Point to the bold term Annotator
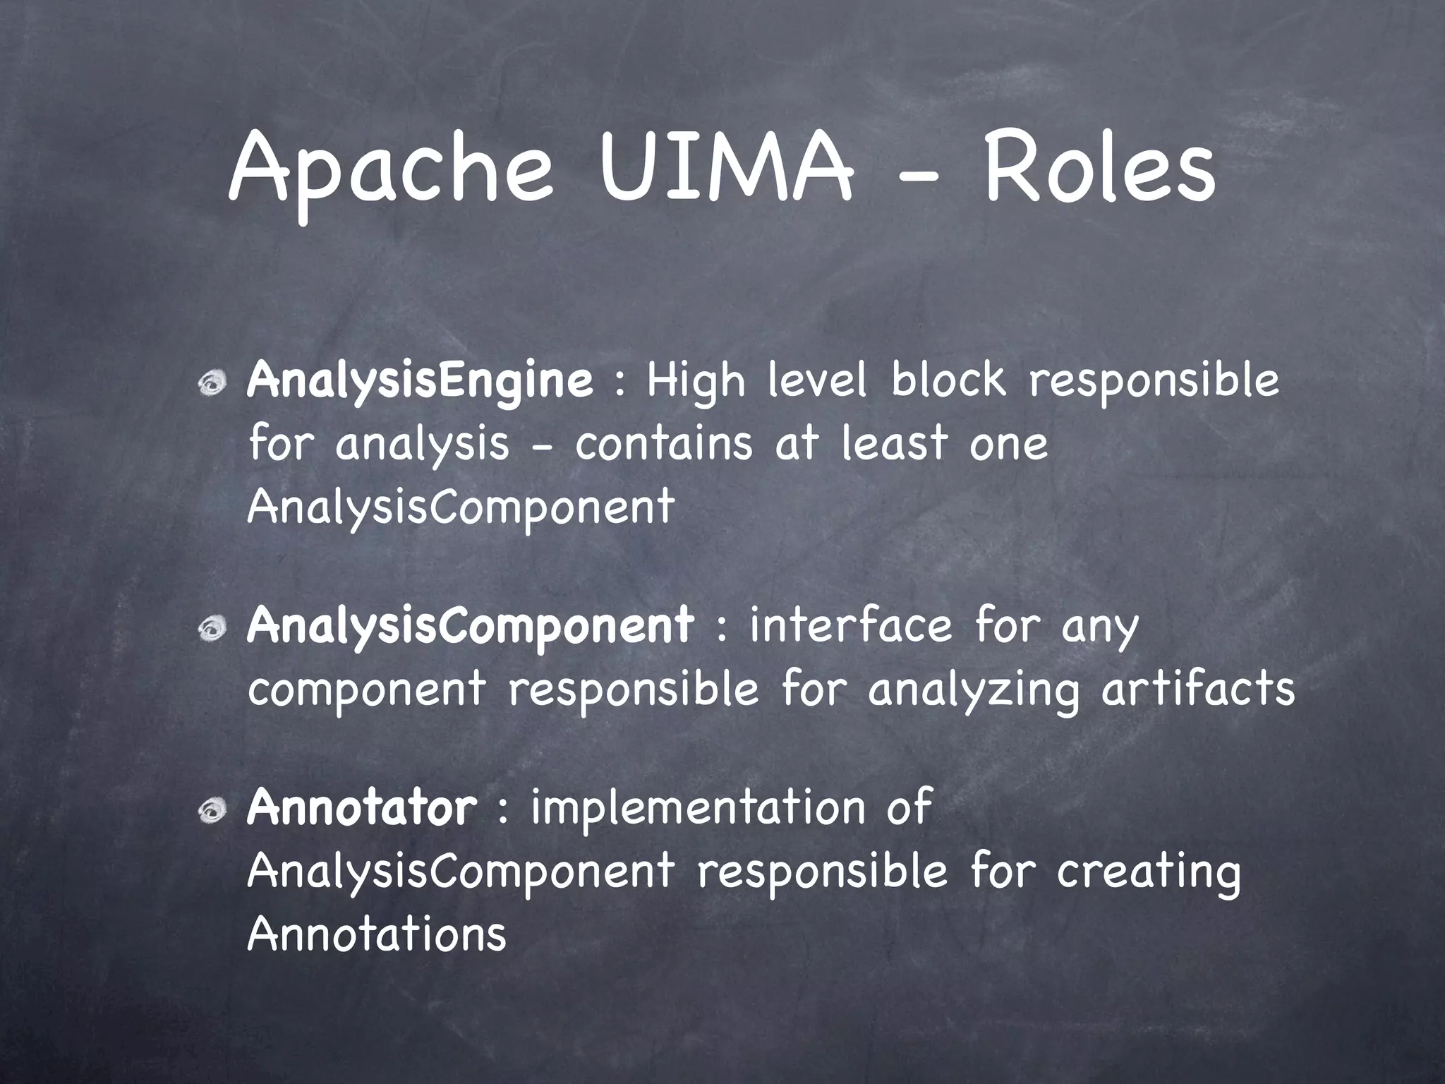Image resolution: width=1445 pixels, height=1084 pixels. click(362, 807)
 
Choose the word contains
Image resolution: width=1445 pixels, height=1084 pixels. click(664, 445)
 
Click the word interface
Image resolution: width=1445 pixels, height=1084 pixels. click(850, 625)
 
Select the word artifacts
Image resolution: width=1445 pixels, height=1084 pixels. click(1198, 689)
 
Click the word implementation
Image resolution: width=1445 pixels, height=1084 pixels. click(698, 809)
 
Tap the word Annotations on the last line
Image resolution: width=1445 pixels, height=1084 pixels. click(377, 934)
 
